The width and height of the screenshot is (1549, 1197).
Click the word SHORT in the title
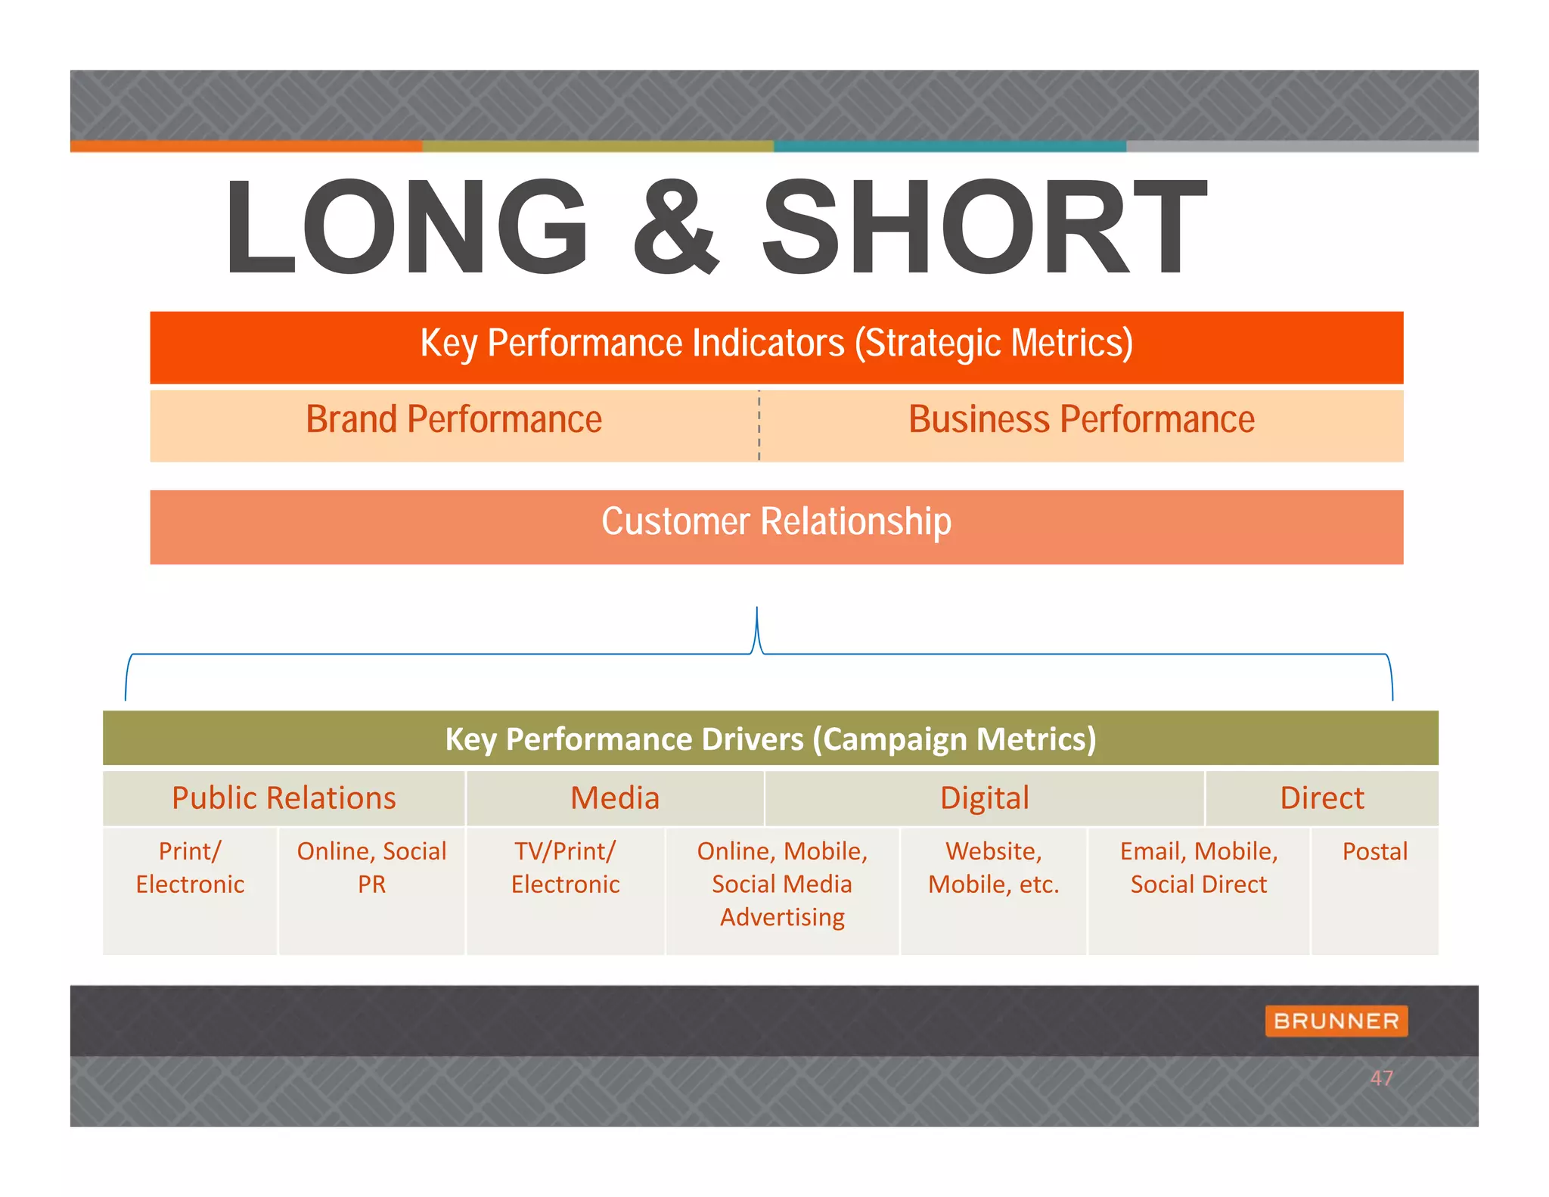pyautogui.click(x=983, y=227)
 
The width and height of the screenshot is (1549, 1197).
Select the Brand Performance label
pyautogui.click(x=454, y=419)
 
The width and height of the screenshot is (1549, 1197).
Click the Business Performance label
pyautogui.click(x=1081, y=419)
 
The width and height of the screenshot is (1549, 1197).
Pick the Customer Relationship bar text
pyautogui.click(x=776, y=522)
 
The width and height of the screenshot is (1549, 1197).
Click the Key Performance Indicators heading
pyautogui.click(x=776, y=344)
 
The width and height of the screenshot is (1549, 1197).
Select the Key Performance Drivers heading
pyautogui.click(x=770, y=739)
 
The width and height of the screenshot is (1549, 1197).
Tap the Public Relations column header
pyautogui.click(x=284, y=798)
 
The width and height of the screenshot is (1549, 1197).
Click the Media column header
pyautogui.click(x=615, y=798)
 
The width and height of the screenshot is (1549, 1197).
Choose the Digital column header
pyautogui.click(x=984, y=798)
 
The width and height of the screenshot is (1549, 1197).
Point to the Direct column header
pyautogui.click(x=1321, y=798)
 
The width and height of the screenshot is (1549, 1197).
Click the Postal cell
pyautogui.click(x=1374, y=852)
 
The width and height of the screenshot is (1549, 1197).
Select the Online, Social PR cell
pyautogui.click(x=371, y=867)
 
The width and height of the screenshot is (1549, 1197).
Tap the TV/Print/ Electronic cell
pyautogui.click(x=565, y=867)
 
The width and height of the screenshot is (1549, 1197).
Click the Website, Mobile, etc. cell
pyautogui.click(x=993, y=867)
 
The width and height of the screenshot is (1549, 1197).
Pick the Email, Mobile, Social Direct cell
pyautogui.click(x=1198, y=867)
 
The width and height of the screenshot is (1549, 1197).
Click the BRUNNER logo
pyautogui.click(x=1336, y=1021)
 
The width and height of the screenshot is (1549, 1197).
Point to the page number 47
pyautogui.click(x=1381, y=1078)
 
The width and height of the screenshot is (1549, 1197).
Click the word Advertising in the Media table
pyautogui.click(x=782, y=917)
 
